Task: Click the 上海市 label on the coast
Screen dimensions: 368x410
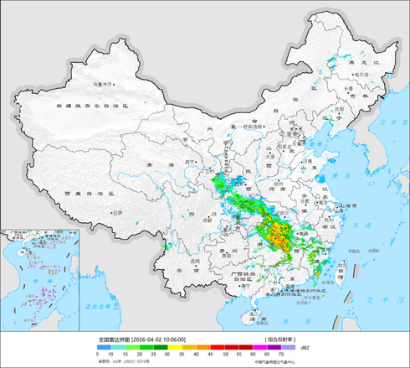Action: pyautogui.click(x=352, y=205)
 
